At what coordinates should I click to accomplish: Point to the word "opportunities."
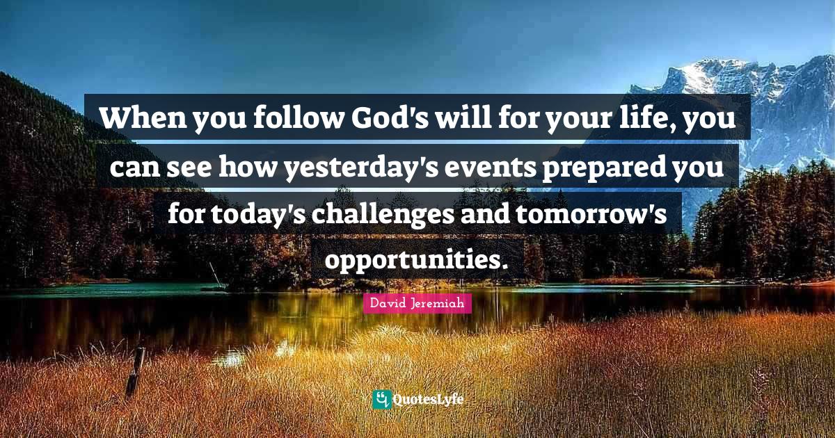[417, 259]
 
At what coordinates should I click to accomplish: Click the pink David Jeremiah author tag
[417, 303]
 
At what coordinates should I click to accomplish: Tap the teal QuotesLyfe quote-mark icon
[382, 400]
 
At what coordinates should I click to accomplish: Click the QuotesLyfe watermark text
[428, 400]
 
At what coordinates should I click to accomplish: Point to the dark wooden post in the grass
[135, 372]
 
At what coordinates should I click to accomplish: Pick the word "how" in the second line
[248, 168]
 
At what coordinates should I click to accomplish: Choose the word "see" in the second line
[189, 169]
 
